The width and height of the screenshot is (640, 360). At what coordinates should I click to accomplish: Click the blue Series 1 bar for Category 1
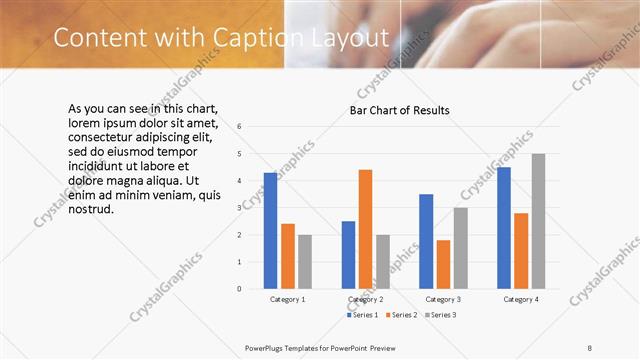(x=270, y=231)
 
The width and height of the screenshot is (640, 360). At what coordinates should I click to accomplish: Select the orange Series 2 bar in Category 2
(x=365, y=229)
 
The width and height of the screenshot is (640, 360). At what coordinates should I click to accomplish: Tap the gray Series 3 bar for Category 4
(x=538, y=221)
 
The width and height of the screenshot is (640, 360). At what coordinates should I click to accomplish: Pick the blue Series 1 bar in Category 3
(x=426, y=241)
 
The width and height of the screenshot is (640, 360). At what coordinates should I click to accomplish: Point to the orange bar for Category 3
(x=443, y=264)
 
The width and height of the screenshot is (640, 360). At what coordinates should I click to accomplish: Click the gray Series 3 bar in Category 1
(x=304, y=262)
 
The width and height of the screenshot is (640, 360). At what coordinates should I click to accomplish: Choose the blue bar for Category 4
(x=504, y=228)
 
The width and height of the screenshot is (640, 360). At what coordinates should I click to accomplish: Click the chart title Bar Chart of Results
(x=399, y=110)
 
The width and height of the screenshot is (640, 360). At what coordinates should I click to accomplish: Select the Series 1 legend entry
(x=362, y=315)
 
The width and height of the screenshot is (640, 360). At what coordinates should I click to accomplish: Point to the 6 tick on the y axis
(x=239, y=127)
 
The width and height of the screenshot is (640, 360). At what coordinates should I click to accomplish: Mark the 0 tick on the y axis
(x=239, y=289)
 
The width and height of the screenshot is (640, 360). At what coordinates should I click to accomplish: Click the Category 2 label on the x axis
(x=365, y=300)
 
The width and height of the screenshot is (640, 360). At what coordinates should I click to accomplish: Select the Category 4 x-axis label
(x=521, y=300)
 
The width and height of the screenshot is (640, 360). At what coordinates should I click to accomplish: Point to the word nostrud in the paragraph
(x=91, y=209)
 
